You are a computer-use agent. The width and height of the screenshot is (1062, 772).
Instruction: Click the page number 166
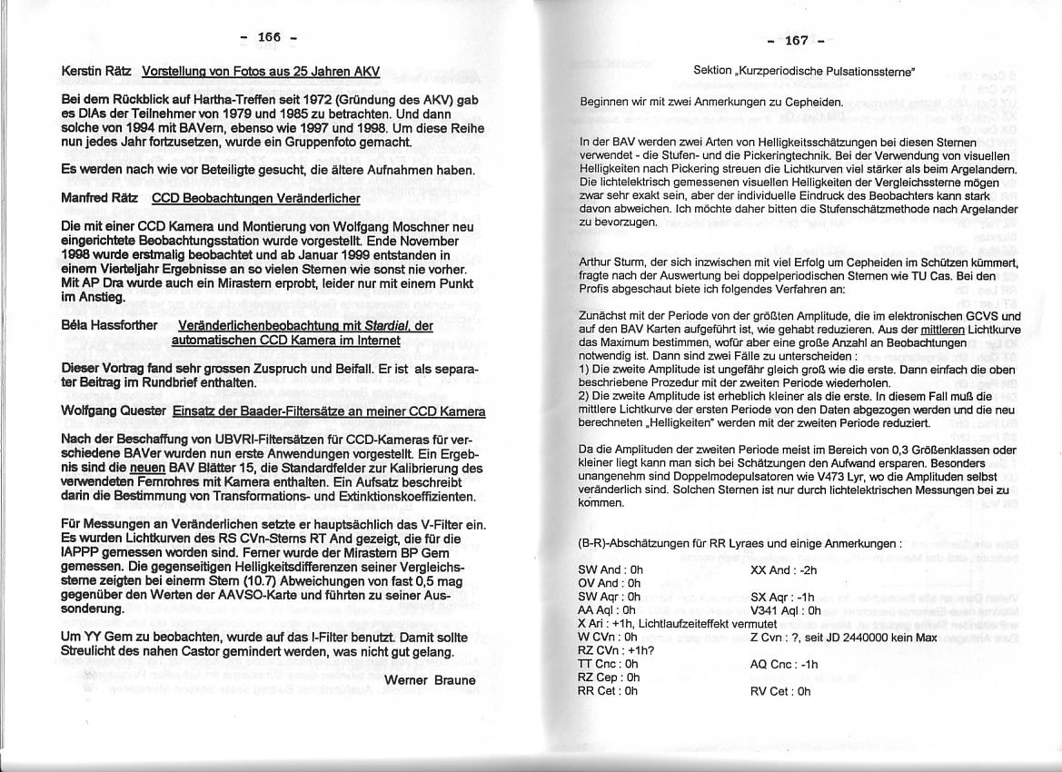coord(269,37)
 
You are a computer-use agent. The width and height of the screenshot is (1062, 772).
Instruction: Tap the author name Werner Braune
coord(430,680)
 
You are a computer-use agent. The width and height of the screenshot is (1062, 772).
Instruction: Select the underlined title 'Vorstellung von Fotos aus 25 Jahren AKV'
coord(261,71)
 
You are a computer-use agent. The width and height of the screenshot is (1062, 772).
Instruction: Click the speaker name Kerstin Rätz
coord(97,71)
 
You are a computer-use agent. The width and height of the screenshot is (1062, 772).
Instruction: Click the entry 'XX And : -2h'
coord(784,570)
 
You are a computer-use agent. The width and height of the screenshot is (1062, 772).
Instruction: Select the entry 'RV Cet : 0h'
coord(780,691)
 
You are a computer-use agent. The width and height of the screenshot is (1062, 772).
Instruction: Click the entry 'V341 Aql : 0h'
coord(786,610)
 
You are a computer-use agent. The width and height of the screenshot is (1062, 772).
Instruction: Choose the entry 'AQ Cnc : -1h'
coord(784,664)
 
